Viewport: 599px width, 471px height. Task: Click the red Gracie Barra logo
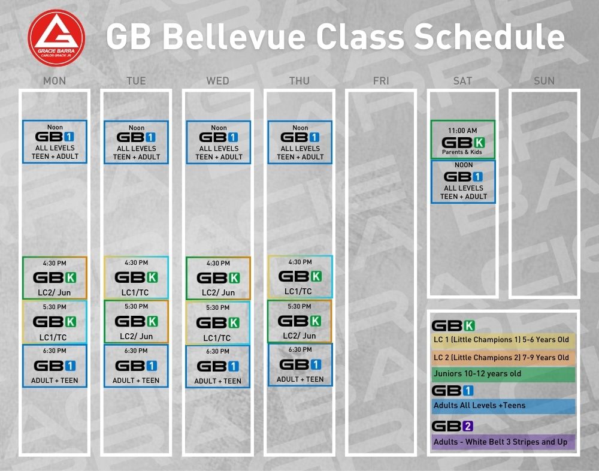[56, 38]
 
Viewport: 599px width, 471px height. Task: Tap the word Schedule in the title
[489, 37]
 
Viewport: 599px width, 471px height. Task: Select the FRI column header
[381, 81]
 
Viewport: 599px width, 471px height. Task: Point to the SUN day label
[544, 81]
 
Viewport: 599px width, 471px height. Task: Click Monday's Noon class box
[55, 142]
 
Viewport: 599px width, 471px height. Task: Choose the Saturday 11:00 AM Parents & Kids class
[463, 140]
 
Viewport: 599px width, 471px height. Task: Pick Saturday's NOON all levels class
[464, 182]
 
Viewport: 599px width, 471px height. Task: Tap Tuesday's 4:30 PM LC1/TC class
[137, 277]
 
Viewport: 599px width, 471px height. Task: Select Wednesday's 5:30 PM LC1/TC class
[218, 322]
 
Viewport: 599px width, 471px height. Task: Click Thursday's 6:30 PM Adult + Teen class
[300, 365]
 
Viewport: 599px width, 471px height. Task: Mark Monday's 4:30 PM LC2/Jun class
[55, 278]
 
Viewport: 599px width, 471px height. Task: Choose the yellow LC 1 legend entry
[503, 340]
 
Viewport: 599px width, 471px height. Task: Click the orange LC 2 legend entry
[503, 358]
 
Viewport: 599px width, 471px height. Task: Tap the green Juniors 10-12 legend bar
[503, 375]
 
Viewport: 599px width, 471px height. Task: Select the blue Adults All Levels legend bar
[503, 406]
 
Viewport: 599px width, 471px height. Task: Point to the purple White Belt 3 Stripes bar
[503, 442]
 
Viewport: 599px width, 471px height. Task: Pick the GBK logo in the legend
[453, 326]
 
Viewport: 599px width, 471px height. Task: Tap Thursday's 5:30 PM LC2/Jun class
[299, 321]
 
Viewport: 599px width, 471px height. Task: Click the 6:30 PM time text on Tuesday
[137, 351]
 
